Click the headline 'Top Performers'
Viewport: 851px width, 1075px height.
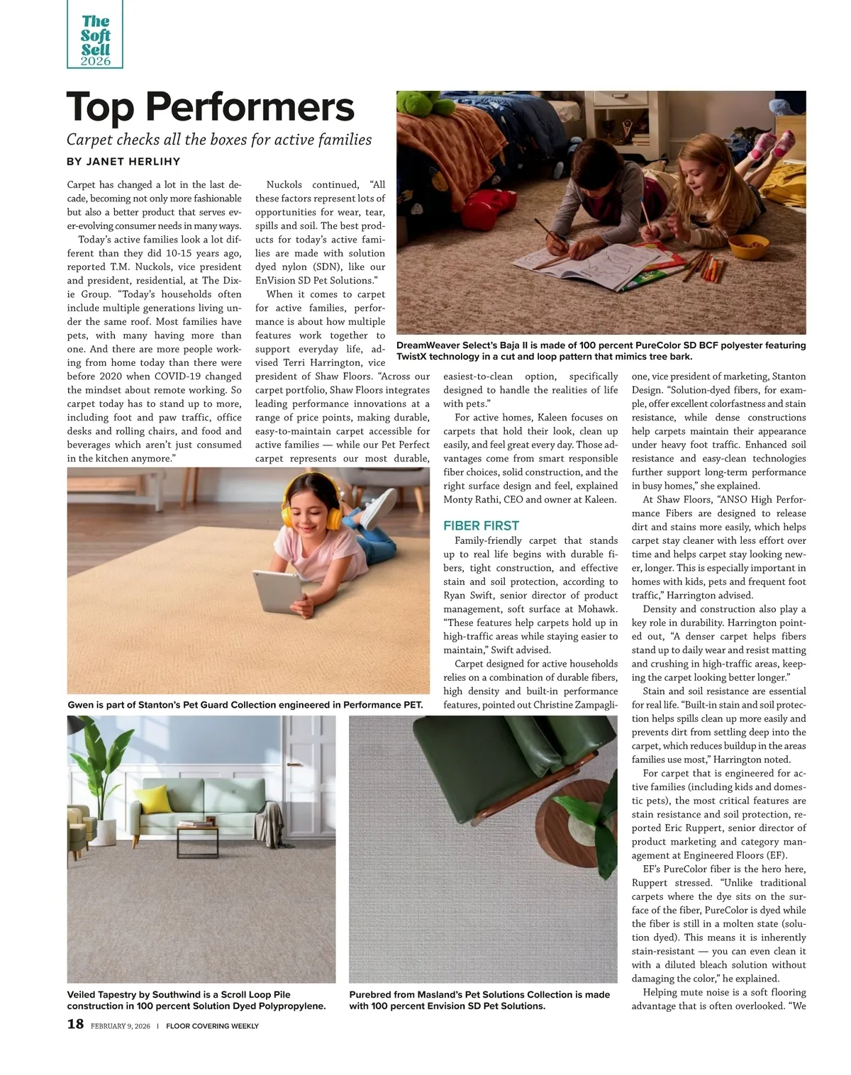coord(211,107)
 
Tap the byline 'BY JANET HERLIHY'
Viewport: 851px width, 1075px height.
coord(123,162)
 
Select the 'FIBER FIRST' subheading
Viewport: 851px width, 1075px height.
coord(481,525)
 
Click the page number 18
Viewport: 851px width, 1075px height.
coord(75,1024)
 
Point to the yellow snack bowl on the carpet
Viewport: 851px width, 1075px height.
coord(748,246)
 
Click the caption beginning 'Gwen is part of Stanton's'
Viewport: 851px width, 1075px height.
coord(245,705)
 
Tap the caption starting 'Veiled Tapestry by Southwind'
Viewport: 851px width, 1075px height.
coord(196,1000)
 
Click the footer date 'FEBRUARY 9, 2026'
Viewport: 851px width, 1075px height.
coord(121,1026)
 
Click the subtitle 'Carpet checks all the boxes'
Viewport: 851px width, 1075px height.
coord(219,139)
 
